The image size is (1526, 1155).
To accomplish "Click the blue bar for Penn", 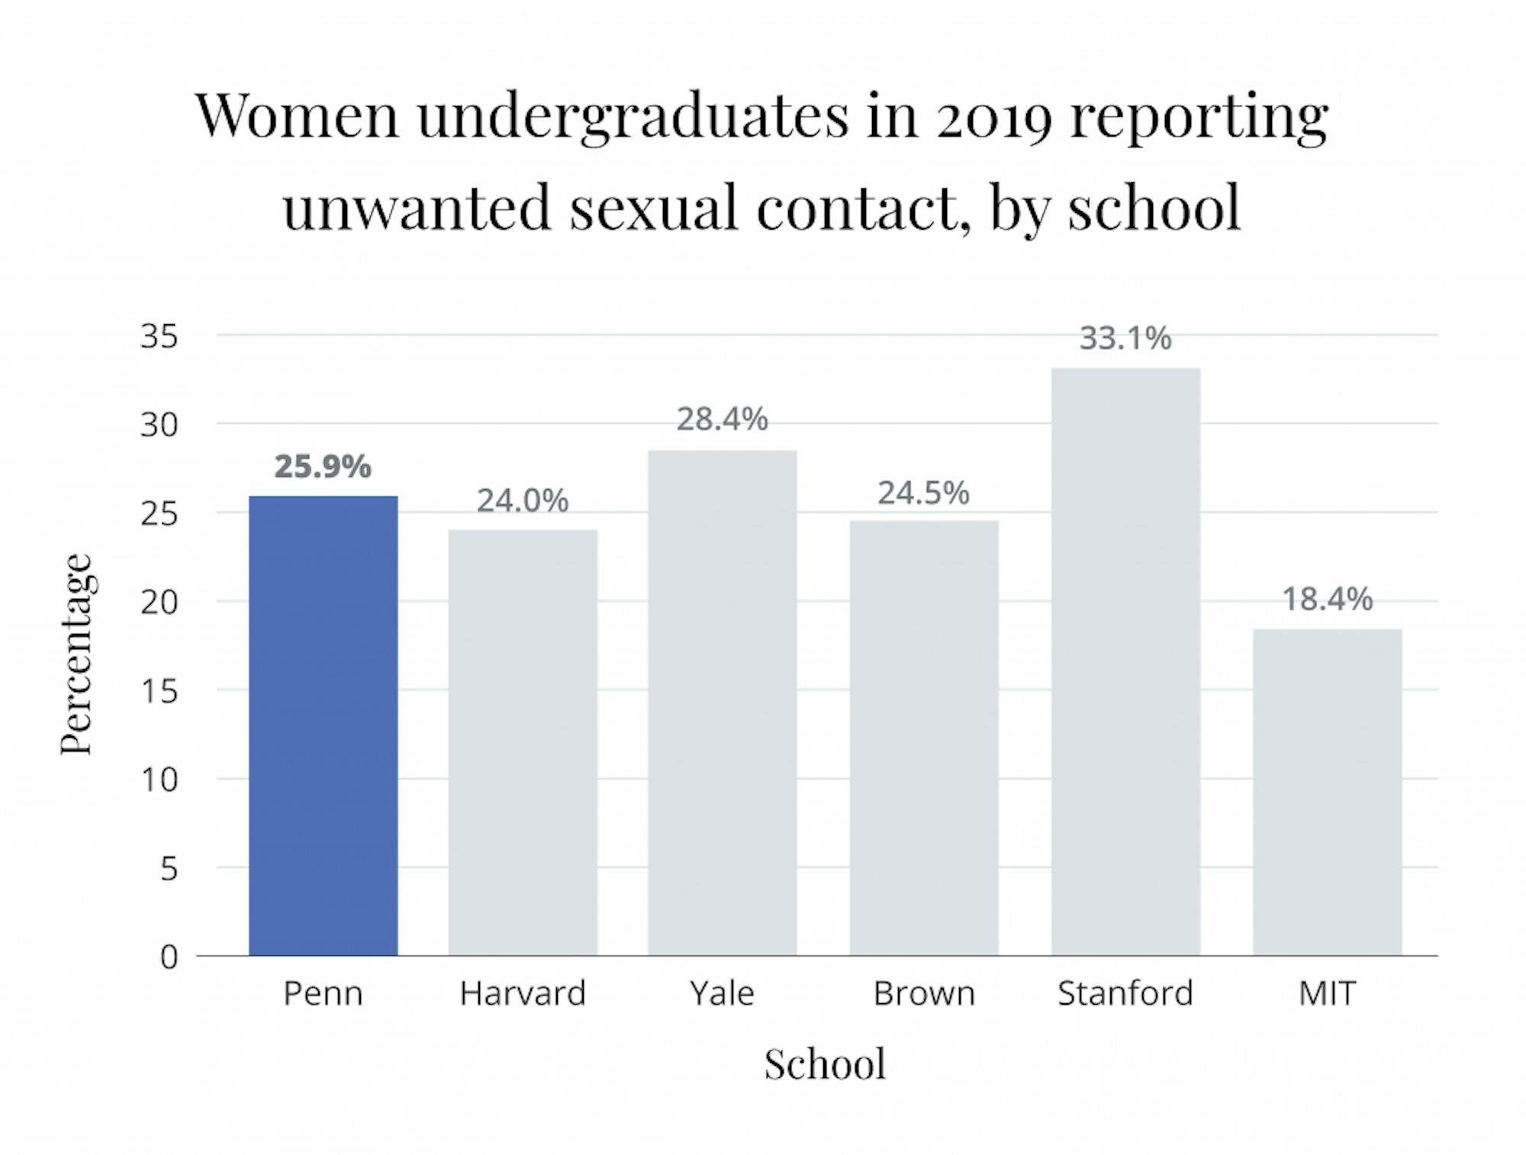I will [x=323, y=725].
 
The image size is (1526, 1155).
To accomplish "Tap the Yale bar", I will [x=722, y=702].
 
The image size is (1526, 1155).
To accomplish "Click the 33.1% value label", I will [x=1125, y=339].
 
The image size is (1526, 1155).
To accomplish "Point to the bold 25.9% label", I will [x=323, y=467].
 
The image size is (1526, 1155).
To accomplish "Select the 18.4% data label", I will [x=1327, y=600].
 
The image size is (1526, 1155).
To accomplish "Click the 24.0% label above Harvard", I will [x=523, y=501].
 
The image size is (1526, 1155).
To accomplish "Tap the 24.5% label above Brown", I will [x=923, y=494].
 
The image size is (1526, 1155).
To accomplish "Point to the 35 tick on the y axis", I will [x=159, y=336].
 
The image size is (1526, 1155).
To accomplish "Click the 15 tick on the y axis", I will [x=159, y=691].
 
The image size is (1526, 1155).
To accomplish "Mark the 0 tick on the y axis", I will [x=169, y=957].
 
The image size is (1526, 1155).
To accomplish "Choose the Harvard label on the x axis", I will [x=523, y=993].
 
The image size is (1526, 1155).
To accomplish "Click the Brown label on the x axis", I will [x=924, y=993].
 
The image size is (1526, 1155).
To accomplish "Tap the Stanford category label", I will [x=1125, y=993].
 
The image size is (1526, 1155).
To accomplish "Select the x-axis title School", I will [x=825, y=1063].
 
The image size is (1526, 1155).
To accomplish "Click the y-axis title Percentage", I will [x=77, y=654].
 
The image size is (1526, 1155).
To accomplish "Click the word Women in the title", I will [x=298, y=116].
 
